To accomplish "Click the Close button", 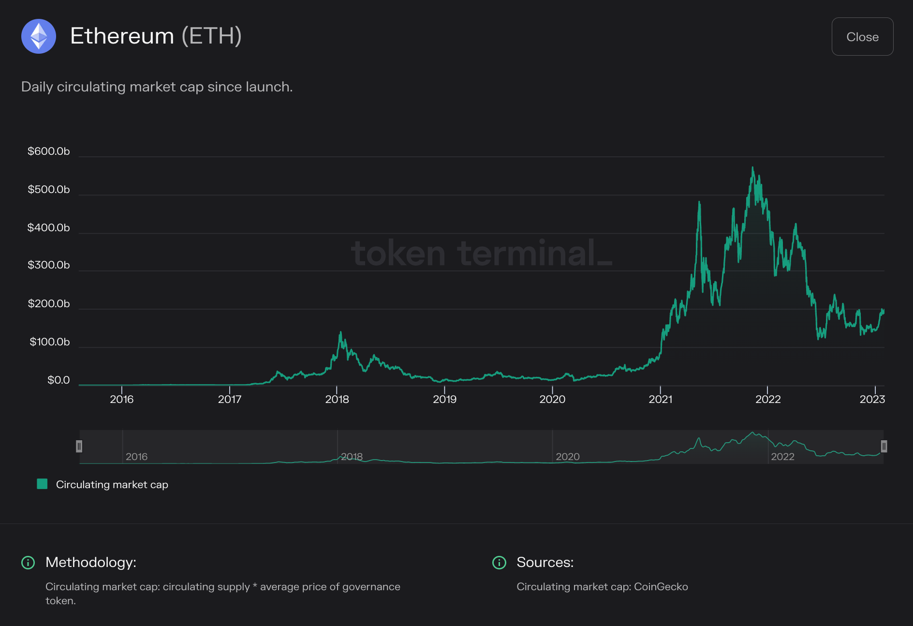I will point(862,37).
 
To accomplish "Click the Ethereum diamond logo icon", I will point(39,36).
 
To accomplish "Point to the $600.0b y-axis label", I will point(48,151).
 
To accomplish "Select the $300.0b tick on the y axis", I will point(48,265).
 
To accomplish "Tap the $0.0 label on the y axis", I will point(59,380).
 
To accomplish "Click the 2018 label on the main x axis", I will point(337,400).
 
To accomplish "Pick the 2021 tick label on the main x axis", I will point(660,400).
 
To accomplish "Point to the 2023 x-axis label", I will point(872,400).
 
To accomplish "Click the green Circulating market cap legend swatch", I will point(43,484).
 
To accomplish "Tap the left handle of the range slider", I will point(79,446).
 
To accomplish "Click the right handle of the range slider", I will point(884,446).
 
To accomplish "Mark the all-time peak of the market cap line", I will point(752,168).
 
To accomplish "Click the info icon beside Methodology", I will point(28,563).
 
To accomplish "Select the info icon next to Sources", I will point(499,563).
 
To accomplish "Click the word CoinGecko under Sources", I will point(661,587).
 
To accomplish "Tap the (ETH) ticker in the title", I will point(211,36).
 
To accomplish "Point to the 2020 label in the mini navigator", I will point(567,457).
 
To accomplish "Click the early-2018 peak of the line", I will point(340,332).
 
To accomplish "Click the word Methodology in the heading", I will point(90,562).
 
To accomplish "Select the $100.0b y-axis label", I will point(49,342).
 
